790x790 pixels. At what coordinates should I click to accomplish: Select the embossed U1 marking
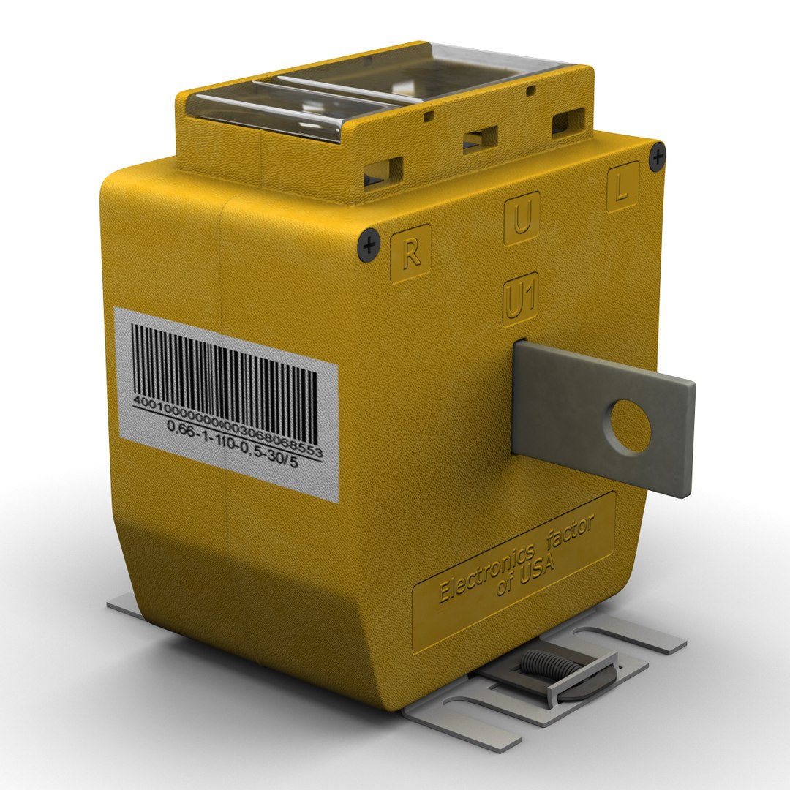tap(522, 301)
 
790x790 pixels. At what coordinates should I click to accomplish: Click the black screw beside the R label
tap(370, 244)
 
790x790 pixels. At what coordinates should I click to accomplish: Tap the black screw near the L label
tap(658, 156)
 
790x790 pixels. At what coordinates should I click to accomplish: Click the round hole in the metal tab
tap(626, 426)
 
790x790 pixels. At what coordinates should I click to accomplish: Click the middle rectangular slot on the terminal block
tap(480, 138)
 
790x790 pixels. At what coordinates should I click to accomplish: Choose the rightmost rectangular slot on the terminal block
tap(568, 119)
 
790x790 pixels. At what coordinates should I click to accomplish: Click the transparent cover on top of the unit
tap(380, 88)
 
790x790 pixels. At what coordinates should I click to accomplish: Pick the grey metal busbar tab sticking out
tap(603, 417)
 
